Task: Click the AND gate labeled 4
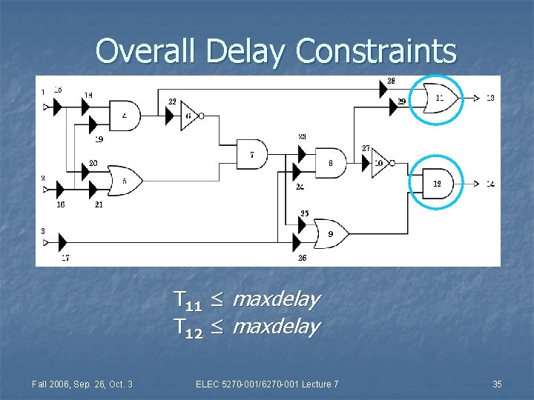coord(125,115)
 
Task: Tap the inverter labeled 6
coord(189,115)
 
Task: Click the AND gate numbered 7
coord(253,154)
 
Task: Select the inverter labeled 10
coord(380,162)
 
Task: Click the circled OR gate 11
coord(438,98)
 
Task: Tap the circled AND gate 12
coord(436,183)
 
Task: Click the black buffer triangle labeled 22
coord(170,115)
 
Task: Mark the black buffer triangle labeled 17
coord(62,241)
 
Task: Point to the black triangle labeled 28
coord(383,90)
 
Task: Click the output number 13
coord(490,98)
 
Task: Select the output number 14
coord(490,183)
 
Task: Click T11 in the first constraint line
coord(188,300)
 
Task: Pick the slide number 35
coord(497,384)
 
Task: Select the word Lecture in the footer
coord(311,384)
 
